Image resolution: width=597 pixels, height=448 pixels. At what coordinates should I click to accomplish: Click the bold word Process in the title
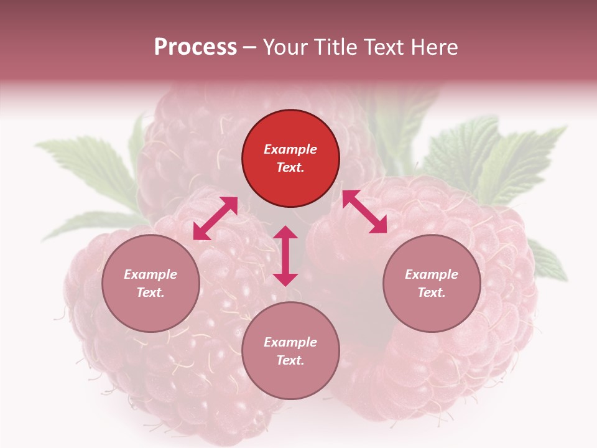pyautogui.click(x=195, y=47)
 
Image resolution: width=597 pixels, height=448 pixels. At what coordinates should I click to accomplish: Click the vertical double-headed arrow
pyautogui.click(x=285, y=256)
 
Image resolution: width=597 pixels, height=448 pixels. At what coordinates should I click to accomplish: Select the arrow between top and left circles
pyautogui.click(x=215, y=218)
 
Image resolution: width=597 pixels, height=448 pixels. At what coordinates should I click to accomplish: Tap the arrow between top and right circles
pyautogui.click(x=364, y=212)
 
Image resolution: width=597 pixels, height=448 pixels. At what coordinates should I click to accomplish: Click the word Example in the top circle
pyautogui.click(x=290, y=149)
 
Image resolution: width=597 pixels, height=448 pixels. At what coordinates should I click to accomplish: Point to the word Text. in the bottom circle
pyautogui.click(x=290, y=360)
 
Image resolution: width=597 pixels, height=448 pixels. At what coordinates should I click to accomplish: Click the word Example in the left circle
pyautogui.click(x=150, y=274)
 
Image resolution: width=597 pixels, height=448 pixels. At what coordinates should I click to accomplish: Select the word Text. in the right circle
pyautogui.click(x=432, y=292)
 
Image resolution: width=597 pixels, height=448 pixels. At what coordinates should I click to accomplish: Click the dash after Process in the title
pyautogui.click(x=250, y=47)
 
